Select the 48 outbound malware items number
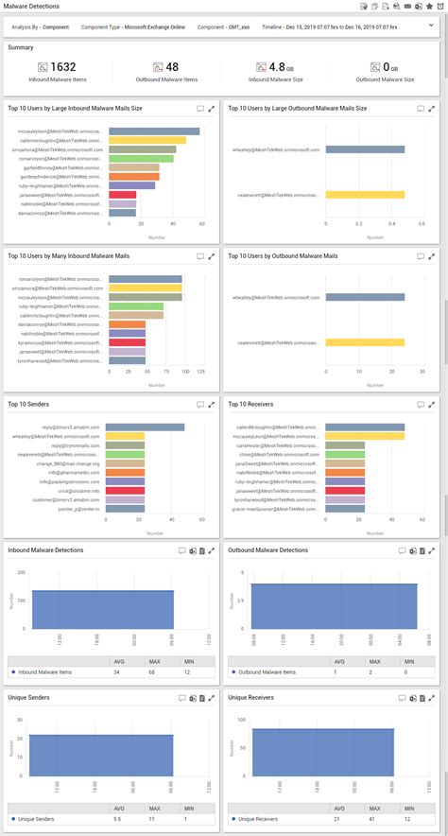(172, 67)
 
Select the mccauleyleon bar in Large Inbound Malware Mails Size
(154, 131)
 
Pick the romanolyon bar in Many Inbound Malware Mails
(146, 279)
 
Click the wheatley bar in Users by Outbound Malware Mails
(365, 297)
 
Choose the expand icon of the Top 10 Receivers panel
(434, 404)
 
